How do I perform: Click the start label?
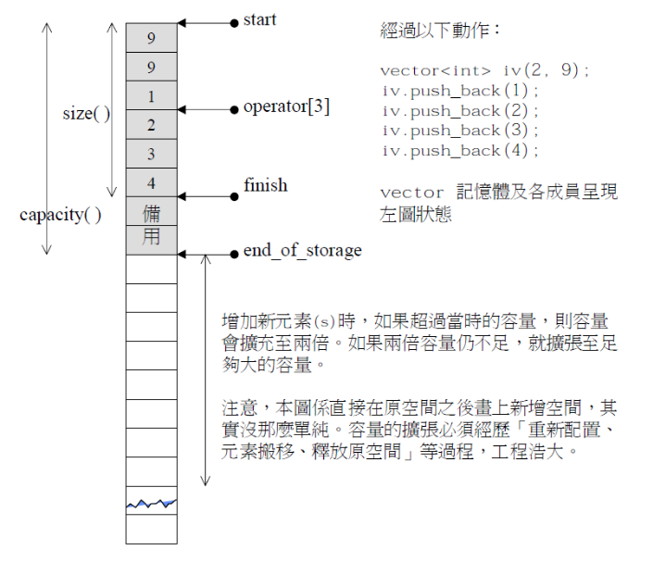coord(259,19)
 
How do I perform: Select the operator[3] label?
coord(286,107)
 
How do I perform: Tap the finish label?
coord(265,185)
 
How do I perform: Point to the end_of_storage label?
coord(302,251)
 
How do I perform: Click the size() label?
coord(86,114)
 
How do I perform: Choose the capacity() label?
coord(60,216)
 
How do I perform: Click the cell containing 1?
coord(151,96)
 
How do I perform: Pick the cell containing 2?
coord(151,125)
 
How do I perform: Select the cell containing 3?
coord(151,154)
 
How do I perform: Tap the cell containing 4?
coord(151,182)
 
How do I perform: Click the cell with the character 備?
coord(151,211)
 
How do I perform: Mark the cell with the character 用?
coord(151,238)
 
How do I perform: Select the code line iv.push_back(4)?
coord(459,151)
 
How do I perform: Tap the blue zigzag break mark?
coord(151,504)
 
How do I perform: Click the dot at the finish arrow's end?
coord(234,195)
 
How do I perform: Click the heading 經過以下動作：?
coord(441,31)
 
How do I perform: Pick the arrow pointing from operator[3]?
coord(205,109)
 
